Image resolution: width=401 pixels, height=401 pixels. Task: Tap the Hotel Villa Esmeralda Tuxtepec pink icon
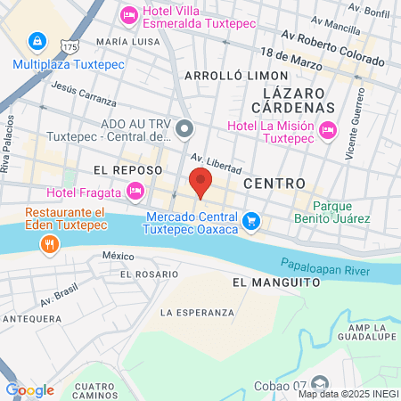point(128,14)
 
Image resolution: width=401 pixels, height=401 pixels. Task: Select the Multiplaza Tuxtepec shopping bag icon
point(37,41)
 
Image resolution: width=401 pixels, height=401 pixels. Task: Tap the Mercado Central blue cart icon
point(252,219)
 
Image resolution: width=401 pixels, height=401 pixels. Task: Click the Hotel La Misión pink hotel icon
point(327,130)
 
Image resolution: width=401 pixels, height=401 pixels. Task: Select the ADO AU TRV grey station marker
point(184,131)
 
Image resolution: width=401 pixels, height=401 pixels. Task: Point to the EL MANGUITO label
point(275,282)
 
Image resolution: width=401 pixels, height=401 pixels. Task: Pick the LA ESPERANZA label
point(197,313)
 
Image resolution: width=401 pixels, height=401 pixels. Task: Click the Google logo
point(29,389)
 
